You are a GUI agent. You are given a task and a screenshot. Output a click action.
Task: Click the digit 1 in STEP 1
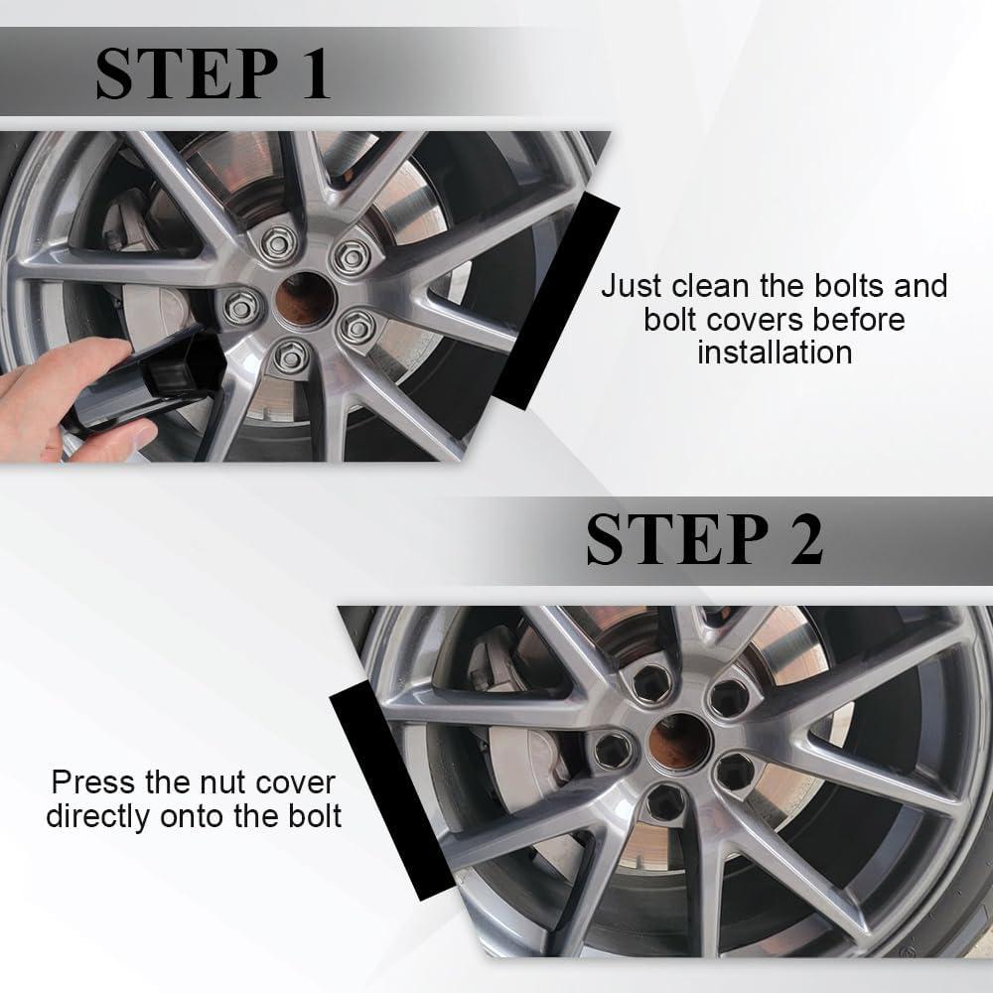pos(316,73)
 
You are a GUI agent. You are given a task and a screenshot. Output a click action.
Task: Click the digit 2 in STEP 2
pos(805,538)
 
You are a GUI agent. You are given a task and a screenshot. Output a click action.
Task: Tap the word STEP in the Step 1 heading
pos(188,73)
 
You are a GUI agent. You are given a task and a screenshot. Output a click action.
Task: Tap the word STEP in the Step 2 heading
pos(677,538)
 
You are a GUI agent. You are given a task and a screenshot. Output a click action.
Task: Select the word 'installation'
pos(775,353)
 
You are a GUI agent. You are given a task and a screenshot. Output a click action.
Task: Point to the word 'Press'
pos(93,782)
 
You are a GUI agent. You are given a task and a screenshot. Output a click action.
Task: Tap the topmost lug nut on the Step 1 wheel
pos(278,242)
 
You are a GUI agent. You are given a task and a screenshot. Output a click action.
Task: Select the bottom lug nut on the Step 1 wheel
pos(291,357)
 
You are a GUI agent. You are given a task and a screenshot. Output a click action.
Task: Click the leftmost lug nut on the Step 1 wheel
pos(241,308)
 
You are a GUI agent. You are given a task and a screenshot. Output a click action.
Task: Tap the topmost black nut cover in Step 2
pos(652,683)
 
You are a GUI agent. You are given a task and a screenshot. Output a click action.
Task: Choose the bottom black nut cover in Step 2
pos(665,804)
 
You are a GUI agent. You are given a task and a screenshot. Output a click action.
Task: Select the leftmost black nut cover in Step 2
pos(613,751)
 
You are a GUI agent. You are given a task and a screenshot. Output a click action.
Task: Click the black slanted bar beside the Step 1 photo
pos(556,300)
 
